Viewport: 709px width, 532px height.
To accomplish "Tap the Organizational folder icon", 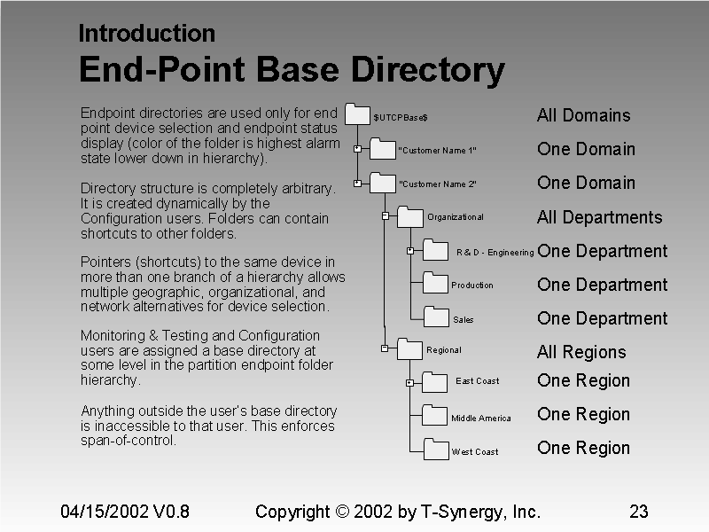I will coord(410,215).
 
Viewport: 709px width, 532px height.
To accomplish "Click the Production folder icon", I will coord(436,283).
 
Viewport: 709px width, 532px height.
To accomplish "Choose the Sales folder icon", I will coord(436,317).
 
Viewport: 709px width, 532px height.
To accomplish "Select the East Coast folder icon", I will coord(435,381).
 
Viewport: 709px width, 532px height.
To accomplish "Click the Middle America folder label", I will coord(480,419).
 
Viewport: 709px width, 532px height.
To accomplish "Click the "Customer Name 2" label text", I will coord(438,184).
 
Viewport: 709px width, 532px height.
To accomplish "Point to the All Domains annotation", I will coord(583,115).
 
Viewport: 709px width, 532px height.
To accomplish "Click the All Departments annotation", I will coord(599,217).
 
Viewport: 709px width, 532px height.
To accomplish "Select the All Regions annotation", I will coord(581,352).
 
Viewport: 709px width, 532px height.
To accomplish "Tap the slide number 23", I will coord(638,512).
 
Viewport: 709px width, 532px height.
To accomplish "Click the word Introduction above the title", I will coord(146,34).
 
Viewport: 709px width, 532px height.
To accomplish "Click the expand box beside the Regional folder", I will coord(385,348).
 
